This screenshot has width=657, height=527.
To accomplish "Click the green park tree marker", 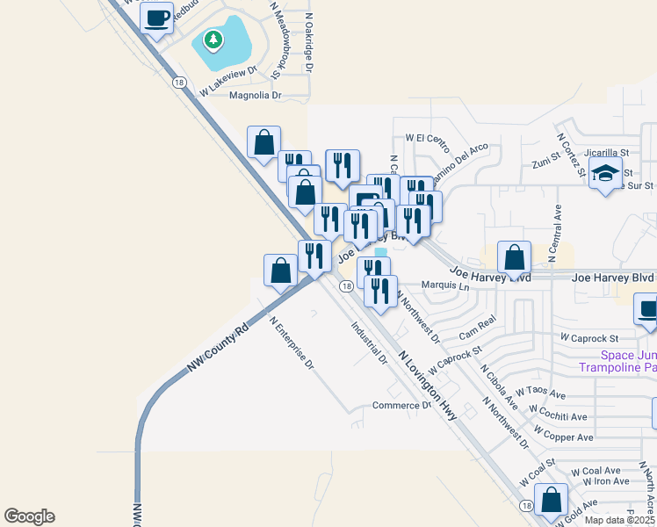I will pos(213,40).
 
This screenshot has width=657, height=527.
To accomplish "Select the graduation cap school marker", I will pos(605,172).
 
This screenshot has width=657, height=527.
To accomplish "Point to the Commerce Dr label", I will pos(402,405).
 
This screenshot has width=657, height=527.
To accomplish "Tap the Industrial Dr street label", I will pos(369,343).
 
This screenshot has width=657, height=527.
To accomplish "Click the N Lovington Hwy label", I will pos(429,384).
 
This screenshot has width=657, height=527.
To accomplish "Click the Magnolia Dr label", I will pos(255,95).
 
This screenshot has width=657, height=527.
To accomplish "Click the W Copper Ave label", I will pos(563,437).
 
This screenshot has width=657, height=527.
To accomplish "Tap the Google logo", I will pos(29,516).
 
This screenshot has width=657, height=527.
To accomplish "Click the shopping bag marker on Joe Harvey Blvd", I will pos(514,258).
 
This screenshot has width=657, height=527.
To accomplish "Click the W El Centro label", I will pos(427,139).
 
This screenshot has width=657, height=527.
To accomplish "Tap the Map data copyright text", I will pos(620,520).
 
